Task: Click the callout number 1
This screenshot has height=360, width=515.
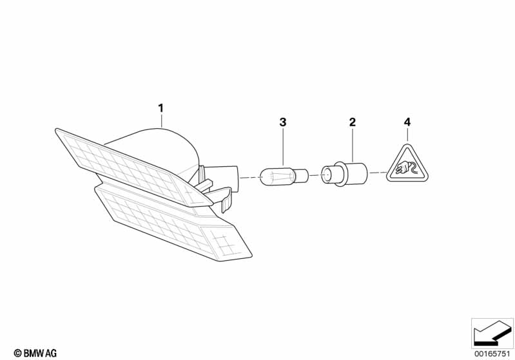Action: click(160, 108)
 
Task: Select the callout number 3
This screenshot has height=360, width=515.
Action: click(283, 122)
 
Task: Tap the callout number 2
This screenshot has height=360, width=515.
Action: click(353, 122)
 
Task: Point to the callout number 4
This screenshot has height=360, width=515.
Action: click(407, 122)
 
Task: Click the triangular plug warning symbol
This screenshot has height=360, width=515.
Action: click(407, 166)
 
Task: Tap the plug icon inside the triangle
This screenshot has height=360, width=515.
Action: click(407, 169)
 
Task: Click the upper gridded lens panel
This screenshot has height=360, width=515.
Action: click(131, 167)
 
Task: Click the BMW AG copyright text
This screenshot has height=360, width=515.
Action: click(35, 353)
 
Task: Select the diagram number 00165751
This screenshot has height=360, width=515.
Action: click(492, 354)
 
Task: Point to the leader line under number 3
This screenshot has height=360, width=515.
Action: click(283, 147)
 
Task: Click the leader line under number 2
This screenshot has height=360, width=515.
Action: click(353, 146)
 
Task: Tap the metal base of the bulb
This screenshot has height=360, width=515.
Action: click(302, 176)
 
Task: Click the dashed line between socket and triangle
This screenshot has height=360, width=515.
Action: click(377, 173)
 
